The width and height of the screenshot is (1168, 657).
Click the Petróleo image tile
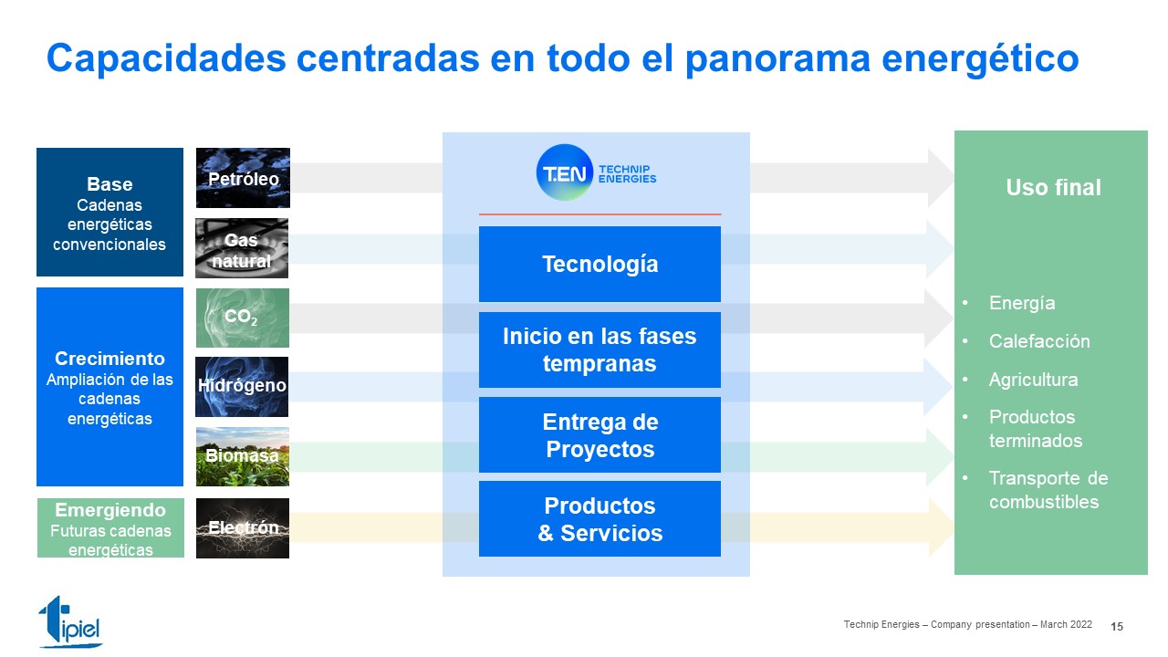[x=243, y=178]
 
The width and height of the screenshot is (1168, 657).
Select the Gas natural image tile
[x=242, y=248]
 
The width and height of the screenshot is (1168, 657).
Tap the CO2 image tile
[x=243, y=318]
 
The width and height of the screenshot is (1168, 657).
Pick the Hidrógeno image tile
[x=242, y=387]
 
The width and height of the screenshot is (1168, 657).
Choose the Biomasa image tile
[x=243, y=457]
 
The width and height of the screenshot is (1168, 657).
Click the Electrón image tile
[x=243, y=528]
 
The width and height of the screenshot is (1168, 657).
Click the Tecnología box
[x=600, y=264]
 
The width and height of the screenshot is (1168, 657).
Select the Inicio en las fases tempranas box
[x=600, y=349]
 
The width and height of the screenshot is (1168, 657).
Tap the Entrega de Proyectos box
[x=600, y=435]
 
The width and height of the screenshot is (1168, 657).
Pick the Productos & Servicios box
[x=600, y=519]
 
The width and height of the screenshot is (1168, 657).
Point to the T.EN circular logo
[x=565, y=172]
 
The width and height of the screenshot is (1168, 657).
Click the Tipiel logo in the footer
[x=70, y=621]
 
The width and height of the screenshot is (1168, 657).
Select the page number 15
[x=1117, y=626]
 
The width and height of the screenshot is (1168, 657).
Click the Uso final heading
[x=1053, y=187]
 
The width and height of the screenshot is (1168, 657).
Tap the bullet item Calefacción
[x=1039, y=341]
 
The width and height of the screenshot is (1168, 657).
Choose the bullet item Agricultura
[x=1034, y=379]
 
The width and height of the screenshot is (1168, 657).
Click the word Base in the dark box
[x=109, y=184]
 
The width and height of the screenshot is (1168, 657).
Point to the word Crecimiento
[x=109, y=359]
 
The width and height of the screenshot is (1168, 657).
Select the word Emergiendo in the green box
[x=110, y=509]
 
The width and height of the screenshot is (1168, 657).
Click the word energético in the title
[x=980, y=58]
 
